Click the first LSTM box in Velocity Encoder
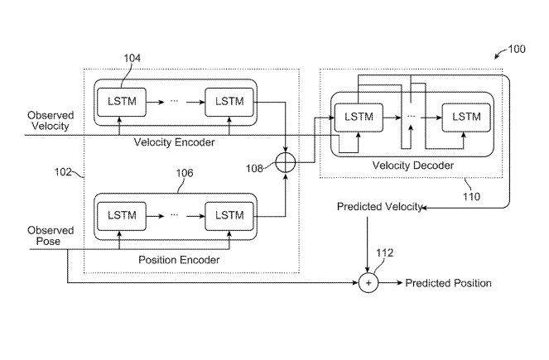[x=121, y=101]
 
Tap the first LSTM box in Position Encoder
[x=121, y=215]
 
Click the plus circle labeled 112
[x=368, y=283]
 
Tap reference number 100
[x=515, y=50]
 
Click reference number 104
[x=132, y=58]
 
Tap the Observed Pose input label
[x=51, y=236]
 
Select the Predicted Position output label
[x=448, y=283]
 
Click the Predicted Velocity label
[x=380, y=205]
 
